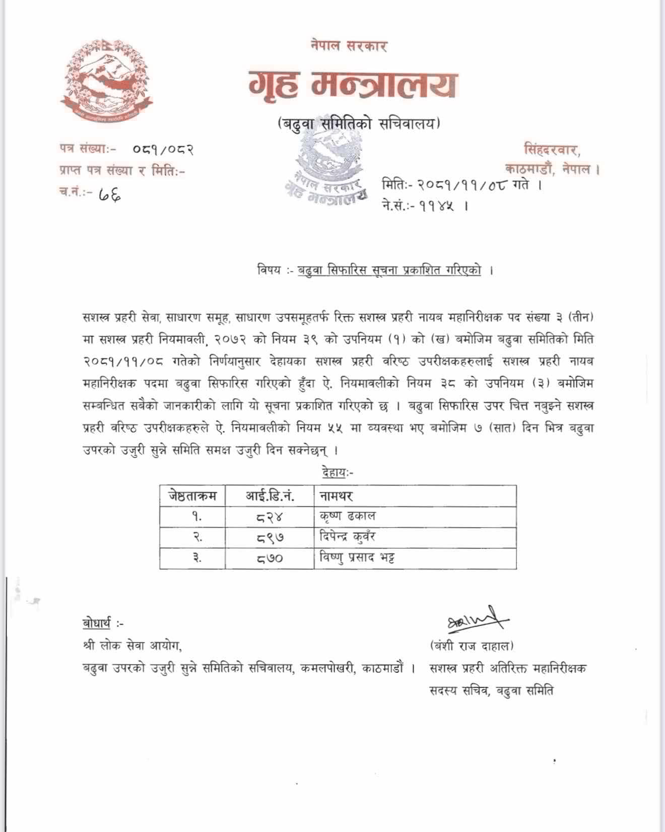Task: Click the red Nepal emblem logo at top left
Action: pos(107,81)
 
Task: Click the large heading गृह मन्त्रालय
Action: pos(353,85)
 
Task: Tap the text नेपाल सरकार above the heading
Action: pos(349,46)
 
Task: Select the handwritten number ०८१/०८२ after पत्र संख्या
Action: pos(163,150)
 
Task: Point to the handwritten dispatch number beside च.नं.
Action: pos(109,193)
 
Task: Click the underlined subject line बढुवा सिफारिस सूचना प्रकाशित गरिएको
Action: pos(389,270)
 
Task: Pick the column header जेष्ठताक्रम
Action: pos(192,496)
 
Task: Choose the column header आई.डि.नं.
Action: pos(270,496)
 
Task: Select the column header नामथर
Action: pos(336,496)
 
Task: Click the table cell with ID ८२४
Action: pos(270,517)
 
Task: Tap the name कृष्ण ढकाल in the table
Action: pos(348,516)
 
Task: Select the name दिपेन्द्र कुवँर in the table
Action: pos(348,537)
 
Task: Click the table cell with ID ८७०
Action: pos(270,559)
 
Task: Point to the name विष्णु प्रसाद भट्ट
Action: pos(357,558)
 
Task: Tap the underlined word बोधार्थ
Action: pos(97,623)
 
